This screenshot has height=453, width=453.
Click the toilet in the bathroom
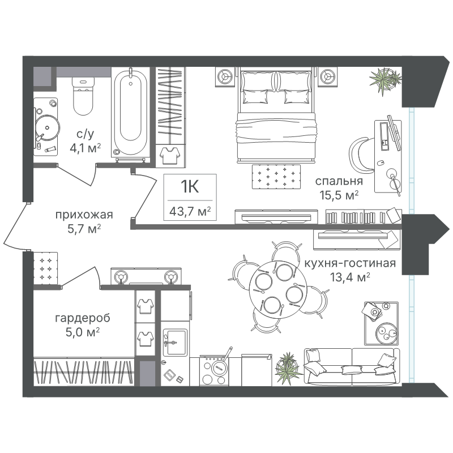[83, 95]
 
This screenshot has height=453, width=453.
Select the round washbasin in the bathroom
[48, 127]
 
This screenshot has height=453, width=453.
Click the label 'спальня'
[339, 181]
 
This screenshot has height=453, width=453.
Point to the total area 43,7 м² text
[190, 212]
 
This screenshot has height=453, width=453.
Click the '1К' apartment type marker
[190, 186]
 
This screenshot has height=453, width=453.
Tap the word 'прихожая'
[84, 215]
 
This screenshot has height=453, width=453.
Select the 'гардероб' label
[83, 318]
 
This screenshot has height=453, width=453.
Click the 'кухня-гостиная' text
[350, 263]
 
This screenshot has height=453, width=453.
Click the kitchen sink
[175, 343]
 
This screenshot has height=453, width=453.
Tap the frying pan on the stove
[220, 365]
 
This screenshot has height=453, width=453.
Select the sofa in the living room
[352, 366]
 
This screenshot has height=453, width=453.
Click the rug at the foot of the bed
[276, 177]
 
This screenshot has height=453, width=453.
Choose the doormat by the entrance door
[46, 268]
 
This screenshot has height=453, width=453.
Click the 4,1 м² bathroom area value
[86, 148]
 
